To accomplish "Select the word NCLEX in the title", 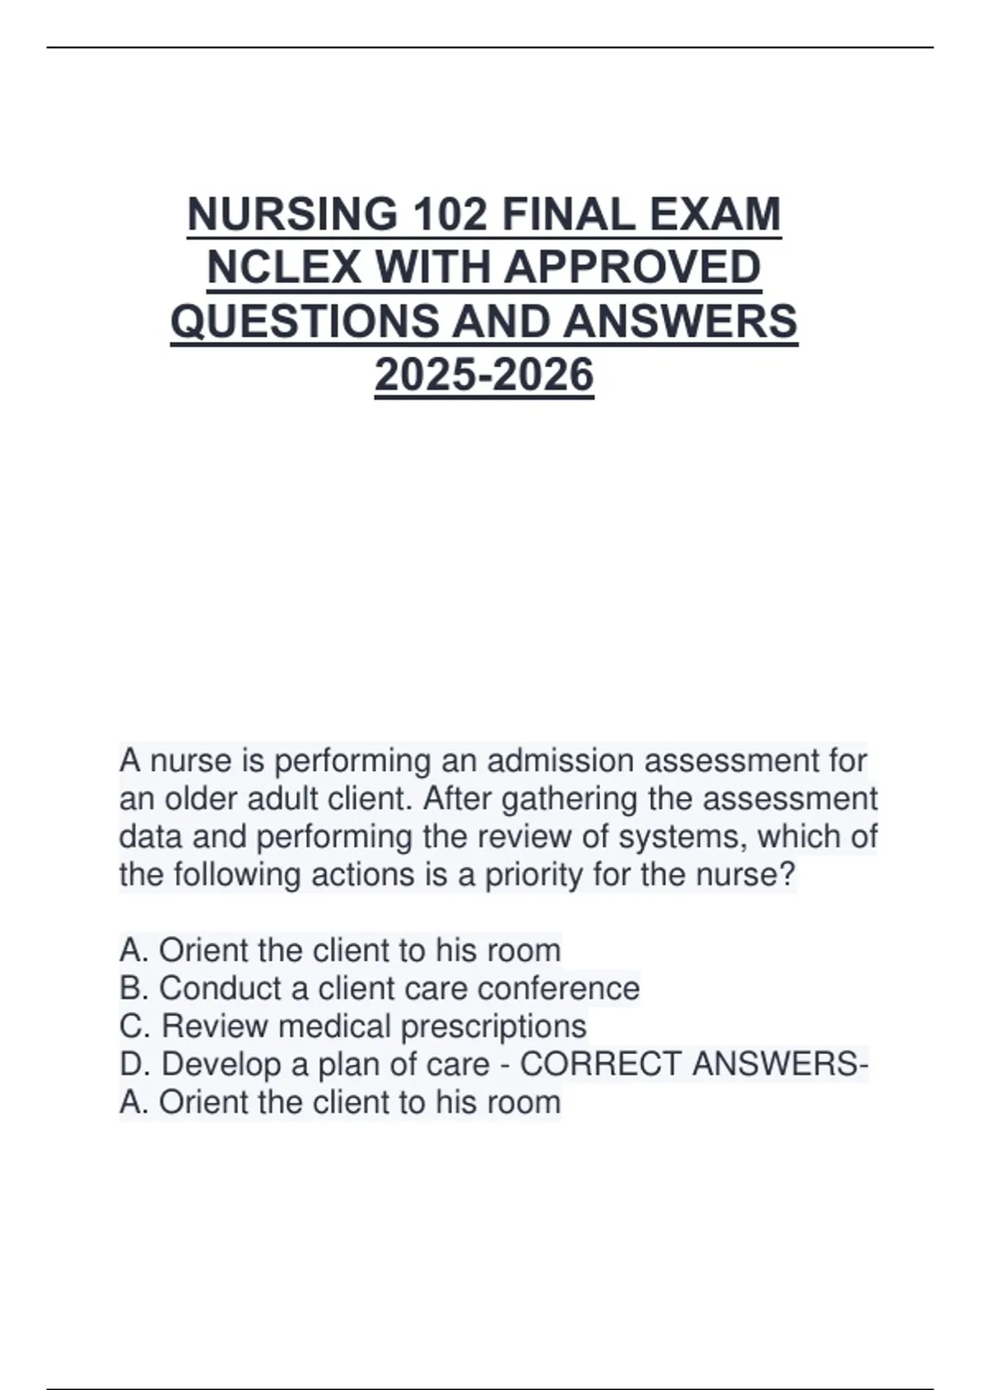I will click(284, 268).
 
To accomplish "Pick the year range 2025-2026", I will click(484, 375).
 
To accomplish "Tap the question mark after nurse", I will click(787, 875).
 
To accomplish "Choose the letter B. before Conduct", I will click(134, 989).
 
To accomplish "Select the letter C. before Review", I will click(135, 1026).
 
